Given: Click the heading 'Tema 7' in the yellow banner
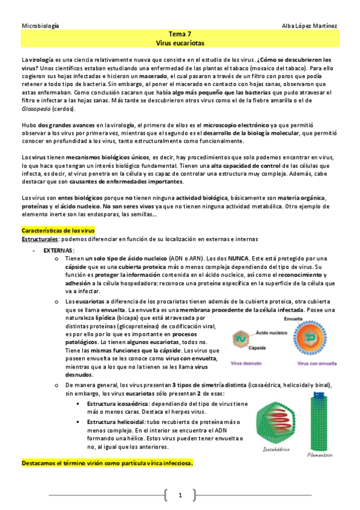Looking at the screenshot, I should tap(180, 35).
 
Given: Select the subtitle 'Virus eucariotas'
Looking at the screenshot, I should tap(180, 44).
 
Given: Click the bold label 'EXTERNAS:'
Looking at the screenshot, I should tap(59, 250).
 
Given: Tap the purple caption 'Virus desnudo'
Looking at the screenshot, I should tap(245, 364).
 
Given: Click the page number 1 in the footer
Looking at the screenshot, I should tap(180, 494).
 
